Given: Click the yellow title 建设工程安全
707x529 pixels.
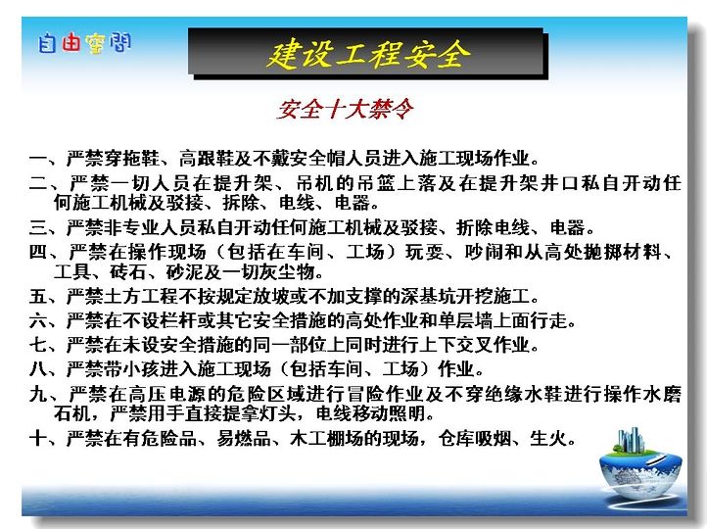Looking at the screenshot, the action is [368, 54].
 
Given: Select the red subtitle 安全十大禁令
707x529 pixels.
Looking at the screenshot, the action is [345, 109].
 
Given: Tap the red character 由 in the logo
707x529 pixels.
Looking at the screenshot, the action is [71, 42].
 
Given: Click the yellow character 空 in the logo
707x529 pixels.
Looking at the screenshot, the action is [95, 43].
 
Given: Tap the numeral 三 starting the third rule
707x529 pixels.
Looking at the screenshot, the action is [38, 227].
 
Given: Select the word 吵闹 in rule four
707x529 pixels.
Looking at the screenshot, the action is [484, 252].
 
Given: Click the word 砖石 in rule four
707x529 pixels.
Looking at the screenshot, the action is [127, 272].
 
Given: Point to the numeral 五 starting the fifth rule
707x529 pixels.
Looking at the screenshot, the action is [38, 296].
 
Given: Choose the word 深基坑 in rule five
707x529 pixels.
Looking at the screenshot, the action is [427, 296].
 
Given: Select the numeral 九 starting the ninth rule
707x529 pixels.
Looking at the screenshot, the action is [38, 394].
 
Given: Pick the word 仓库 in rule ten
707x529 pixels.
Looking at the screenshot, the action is [456, 438].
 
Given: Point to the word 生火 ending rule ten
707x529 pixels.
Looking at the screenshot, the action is [548, 438].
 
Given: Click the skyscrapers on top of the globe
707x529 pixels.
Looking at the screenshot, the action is [630, 439].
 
